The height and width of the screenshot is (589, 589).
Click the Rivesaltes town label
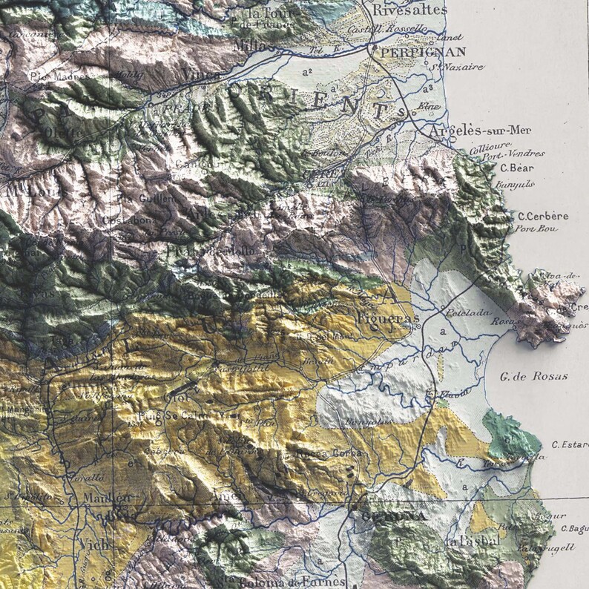409,10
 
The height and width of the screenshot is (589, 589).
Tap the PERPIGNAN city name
423,52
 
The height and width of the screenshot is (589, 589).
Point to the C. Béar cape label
517,168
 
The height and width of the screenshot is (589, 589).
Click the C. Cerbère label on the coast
543,216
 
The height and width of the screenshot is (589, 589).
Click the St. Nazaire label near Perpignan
454,67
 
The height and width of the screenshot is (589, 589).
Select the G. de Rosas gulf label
533,376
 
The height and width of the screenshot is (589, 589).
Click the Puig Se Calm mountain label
185,415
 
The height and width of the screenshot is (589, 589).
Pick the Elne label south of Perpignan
429,106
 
